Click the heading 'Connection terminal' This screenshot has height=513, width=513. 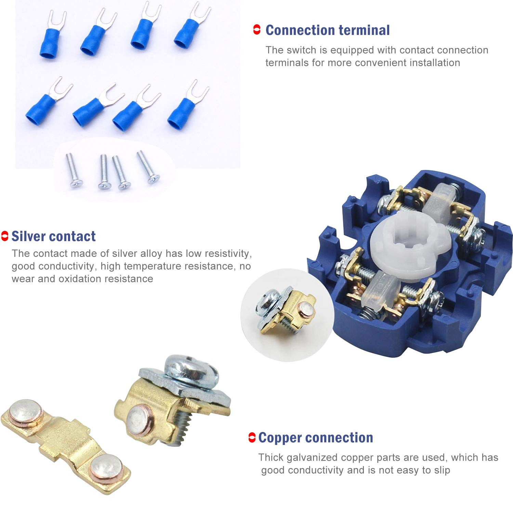pos(327,30)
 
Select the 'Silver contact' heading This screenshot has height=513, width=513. pos(53,236)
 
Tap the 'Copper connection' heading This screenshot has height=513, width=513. pos(315,437)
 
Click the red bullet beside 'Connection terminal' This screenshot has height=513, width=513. pos(256,30)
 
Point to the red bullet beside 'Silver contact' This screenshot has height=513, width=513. pos(5,236)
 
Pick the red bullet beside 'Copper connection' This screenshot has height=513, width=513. pos(252,437)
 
